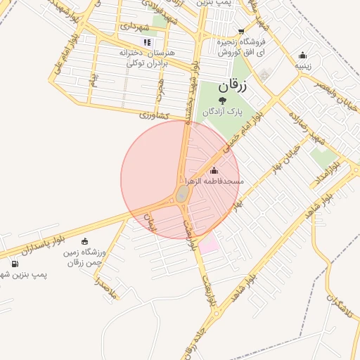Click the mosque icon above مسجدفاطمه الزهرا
click(214, 170)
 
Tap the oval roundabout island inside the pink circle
click(181, 193)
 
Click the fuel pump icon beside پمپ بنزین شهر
click(15, 264)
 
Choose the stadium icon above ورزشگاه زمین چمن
click(85, 241)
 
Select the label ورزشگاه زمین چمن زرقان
click(87, 257)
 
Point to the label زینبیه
click(303, 66)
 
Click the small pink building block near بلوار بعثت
click(209, 245)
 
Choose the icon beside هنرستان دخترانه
click(147, 42)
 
